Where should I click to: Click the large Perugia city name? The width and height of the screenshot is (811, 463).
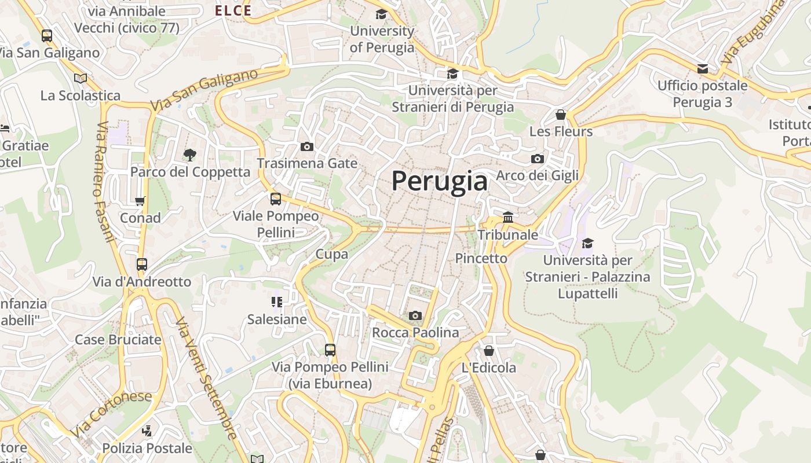440,181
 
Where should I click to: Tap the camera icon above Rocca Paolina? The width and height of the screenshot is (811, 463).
415,315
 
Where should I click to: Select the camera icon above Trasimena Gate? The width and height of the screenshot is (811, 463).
307,146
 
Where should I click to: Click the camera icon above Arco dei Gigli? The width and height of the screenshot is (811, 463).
537,159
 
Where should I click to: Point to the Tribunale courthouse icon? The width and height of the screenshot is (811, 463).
508,218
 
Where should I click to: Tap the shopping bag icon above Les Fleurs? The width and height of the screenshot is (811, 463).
560,115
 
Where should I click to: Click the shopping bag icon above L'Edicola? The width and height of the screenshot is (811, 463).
488,351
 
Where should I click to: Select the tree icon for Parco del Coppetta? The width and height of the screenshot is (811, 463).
189,155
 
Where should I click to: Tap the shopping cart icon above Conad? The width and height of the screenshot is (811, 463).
140,201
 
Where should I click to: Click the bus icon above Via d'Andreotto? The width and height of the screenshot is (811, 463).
142,264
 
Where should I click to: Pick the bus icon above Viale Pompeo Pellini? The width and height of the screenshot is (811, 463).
276,199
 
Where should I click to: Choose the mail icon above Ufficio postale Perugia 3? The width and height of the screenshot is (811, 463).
703,69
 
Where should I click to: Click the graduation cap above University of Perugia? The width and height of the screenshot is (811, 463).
381,14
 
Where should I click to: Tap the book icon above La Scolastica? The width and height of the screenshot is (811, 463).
81,78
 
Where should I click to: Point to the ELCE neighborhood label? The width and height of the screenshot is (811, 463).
233,10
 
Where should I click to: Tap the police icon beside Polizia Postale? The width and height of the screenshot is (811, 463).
147,431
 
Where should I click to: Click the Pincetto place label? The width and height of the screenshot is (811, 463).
481,258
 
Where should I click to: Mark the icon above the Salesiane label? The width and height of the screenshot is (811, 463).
276,302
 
